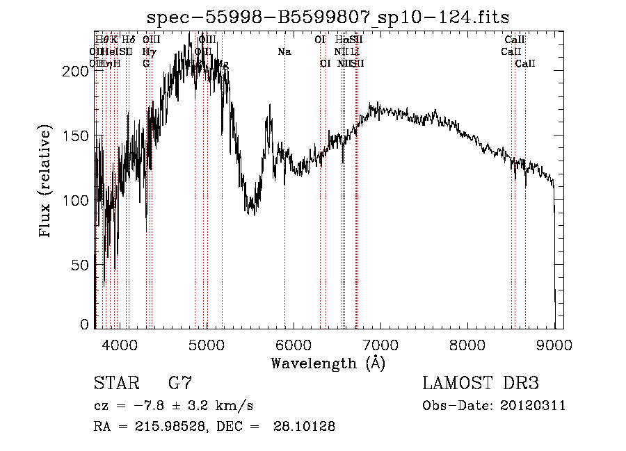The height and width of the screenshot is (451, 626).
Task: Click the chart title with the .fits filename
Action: click(x=328, y=19)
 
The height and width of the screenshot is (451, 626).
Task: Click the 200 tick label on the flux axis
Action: click(x=79, y=71)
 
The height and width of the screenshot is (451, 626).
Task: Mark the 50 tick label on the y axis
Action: click(x=82, y=265)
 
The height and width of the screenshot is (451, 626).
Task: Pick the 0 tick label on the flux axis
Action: click(x=86, y=325)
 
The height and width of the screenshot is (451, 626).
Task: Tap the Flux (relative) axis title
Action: click(x=46, y=182)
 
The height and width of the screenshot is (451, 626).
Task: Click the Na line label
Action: click(x=284, y=52)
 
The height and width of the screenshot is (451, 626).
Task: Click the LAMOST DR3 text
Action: click(x=480, y=383)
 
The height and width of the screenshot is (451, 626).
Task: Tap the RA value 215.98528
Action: click(x=164, y=427)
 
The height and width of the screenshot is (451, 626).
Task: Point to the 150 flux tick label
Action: click(x=79, y=136)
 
